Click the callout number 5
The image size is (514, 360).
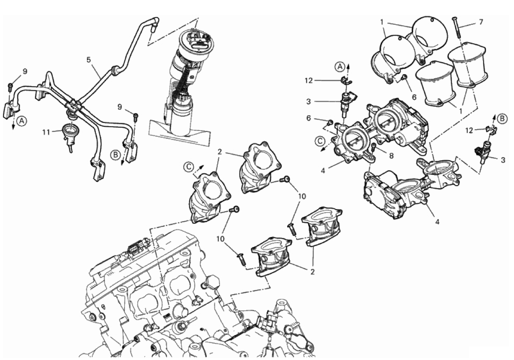tap(89, 60)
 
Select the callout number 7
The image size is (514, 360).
tap(481, 21)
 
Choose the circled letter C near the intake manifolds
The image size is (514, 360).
tap(188, 166)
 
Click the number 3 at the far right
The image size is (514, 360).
tap(503, 160)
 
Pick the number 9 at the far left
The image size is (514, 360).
tap(25, 71)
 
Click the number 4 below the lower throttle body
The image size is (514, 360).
tap(437, 222)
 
